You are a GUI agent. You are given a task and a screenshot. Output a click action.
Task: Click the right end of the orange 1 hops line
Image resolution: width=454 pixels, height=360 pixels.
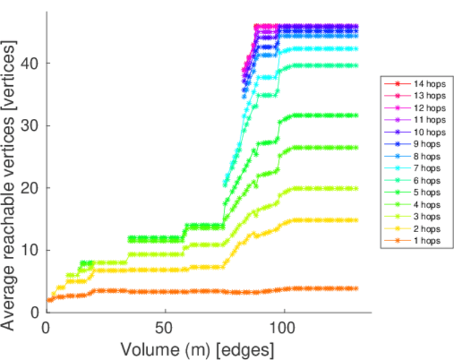[x=356, y=288]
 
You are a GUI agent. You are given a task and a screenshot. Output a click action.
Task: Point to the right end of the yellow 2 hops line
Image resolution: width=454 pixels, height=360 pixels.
[x=356, y=220]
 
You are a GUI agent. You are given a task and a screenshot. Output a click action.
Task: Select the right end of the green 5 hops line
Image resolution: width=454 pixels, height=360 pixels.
[x=356, y=115]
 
